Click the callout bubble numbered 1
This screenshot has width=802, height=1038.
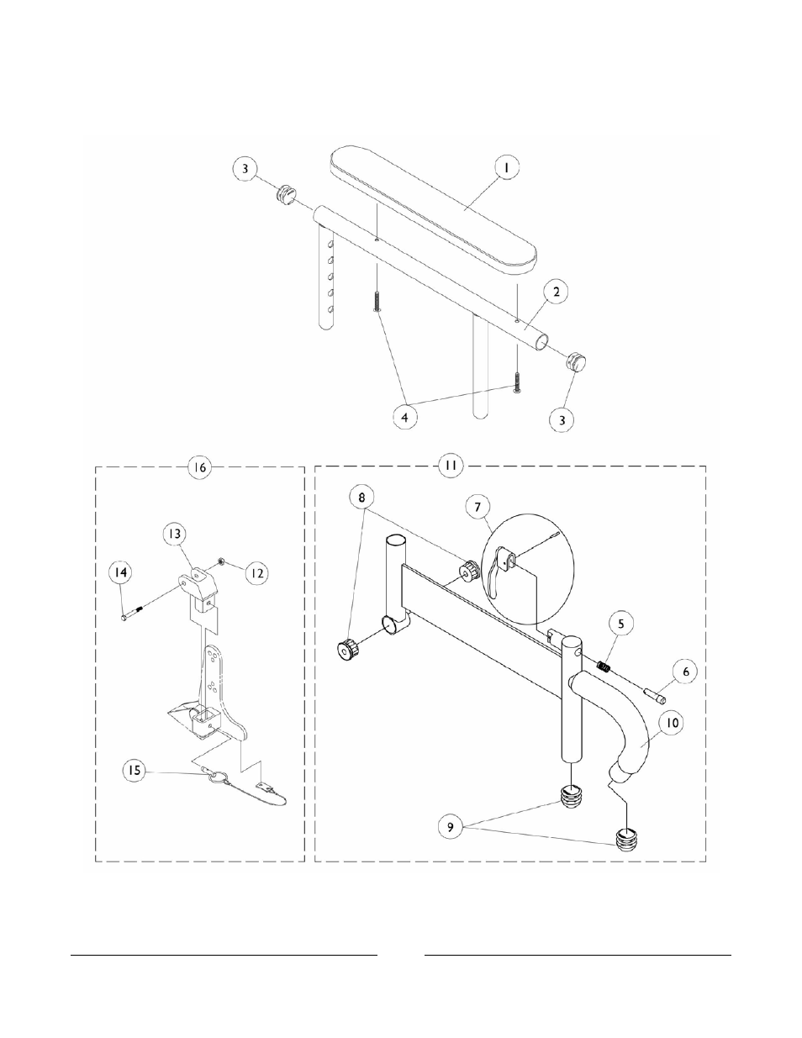coord(506,168)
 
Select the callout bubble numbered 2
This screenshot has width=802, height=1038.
coord(556,292)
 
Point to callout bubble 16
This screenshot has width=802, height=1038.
coord(198,467)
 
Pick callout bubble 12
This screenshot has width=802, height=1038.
coord(256,573)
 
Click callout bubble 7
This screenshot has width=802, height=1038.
coord(478,507)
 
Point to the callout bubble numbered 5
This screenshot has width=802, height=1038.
coord(620,624)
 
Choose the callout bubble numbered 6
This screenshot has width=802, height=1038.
coord(685,672)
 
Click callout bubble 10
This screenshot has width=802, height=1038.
coord(673,720)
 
